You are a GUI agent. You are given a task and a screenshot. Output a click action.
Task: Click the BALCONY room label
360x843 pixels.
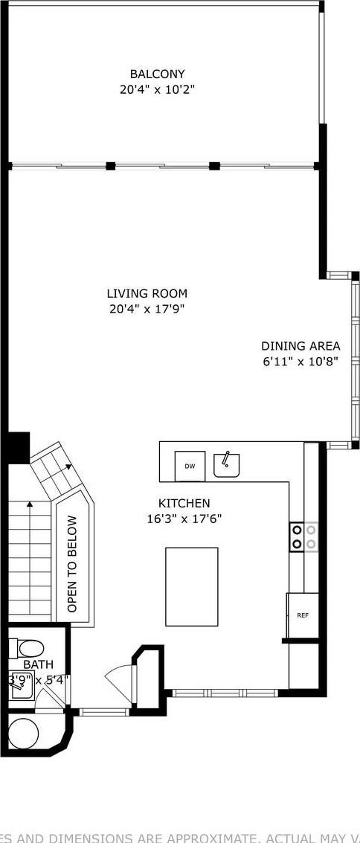(x=157, y=74)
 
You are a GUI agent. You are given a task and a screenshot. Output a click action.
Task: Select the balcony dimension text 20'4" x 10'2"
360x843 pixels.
(x=157, y=89)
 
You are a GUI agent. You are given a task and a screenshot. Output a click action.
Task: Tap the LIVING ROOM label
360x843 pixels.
(x=147, y=293)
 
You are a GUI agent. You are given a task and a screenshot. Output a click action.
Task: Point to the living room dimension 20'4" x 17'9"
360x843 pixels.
(x=147, y=309)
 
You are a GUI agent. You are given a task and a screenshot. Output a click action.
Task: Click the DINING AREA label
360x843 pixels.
(x=300, y=346)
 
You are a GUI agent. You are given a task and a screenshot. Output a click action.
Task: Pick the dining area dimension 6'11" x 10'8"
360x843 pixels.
(x=300, y=362)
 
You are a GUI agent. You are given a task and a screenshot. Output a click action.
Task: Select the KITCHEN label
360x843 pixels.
(x=184, y=504)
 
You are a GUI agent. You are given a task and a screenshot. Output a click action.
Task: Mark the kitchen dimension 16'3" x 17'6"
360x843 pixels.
(x=184, y=519)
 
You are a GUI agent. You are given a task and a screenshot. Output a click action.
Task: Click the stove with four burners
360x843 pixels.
(x=303, y=536)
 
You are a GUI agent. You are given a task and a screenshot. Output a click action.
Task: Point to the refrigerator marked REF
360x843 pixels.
(x=303, y=615)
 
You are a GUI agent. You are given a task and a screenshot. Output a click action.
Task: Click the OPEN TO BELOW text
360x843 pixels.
(x=72, y=564)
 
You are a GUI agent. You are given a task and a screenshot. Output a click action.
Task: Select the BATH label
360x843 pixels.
(x=38, y=664)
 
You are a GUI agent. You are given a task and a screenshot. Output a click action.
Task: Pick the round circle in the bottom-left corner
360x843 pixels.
(x=23, y=734)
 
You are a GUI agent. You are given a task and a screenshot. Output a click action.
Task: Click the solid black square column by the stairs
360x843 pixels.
(x=17, y=448)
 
